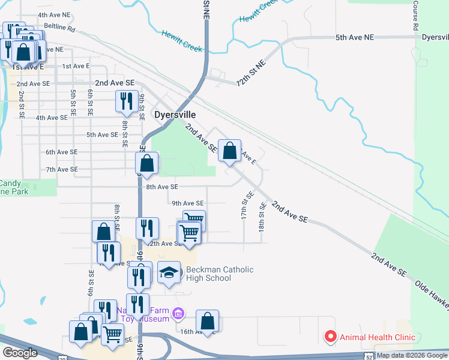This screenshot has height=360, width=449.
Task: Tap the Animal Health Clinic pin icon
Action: (330, 337)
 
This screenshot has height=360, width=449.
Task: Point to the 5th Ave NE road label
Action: (354, 37)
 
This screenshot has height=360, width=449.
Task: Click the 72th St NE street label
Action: (250, 73)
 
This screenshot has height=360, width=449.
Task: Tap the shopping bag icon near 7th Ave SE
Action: (146, 163)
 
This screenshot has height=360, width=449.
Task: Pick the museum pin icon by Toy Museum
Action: (177, 313)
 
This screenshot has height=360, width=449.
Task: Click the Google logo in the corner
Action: (20, 353)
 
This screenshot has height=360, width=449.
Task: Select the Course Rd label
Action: (415, 16)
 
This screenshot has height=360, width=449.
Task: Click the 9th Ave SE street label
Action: (187, 203)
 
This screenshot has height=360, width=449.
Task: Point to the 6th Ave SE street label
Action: (61, 152)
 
